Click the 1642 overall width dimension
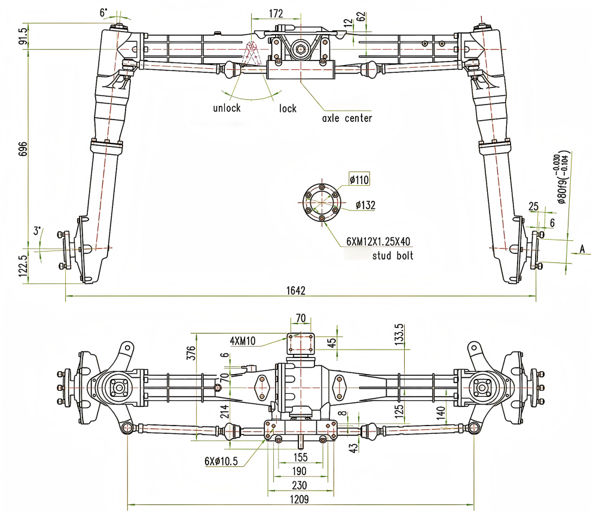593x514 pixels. pyautogui.click(x=296, y=290)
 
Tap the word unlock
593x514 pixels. pyautogui.click(x=227, y=108)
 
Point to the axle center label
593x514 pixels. pyautogui.click(x=347, y=118)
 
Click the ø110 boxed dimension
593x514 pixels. pyautogui.click(x=360, y=179)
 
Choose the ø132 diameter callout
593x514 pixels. pyautogui.click(x=365, y=205)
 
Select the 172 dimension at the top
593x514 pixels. pyautogui.click(x=276, y=13)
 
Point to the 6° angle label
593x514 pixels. pyautogui.click(x=104, y=12)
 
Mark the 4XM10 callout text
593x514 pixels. pyautogui.click(x=242, y=341)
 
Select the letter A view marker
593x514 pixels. pyautogui.click(x=580, y=249)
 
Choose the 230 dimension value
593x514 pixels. pyautogui.click(x=301, y=485)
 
